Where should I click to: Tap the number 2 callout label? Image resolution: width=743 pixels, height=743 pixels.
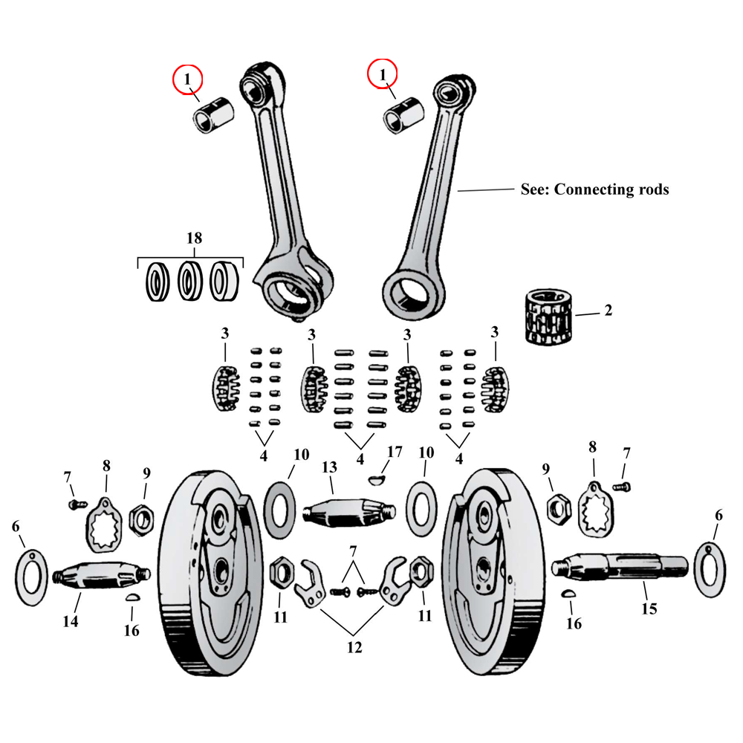[x=609, y=311]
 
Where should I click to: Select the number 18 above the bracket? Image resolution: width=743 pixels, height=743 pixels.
[x=193, y=239]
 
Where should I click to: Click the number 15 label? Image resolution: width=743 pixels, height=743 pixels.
[x=649, y=609]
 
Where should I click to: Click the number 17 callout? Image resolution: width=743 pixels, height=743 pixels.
[x=394, y=452]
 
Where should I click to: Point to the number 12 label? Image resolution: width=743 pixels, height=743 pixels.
[x=354, y=648]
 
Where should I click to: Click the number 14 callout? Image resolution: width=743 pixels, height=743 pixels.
[x=70, y=622]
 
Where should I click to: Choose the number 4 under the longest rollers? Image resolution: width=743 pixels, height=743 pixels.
[x=360, y=459]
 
